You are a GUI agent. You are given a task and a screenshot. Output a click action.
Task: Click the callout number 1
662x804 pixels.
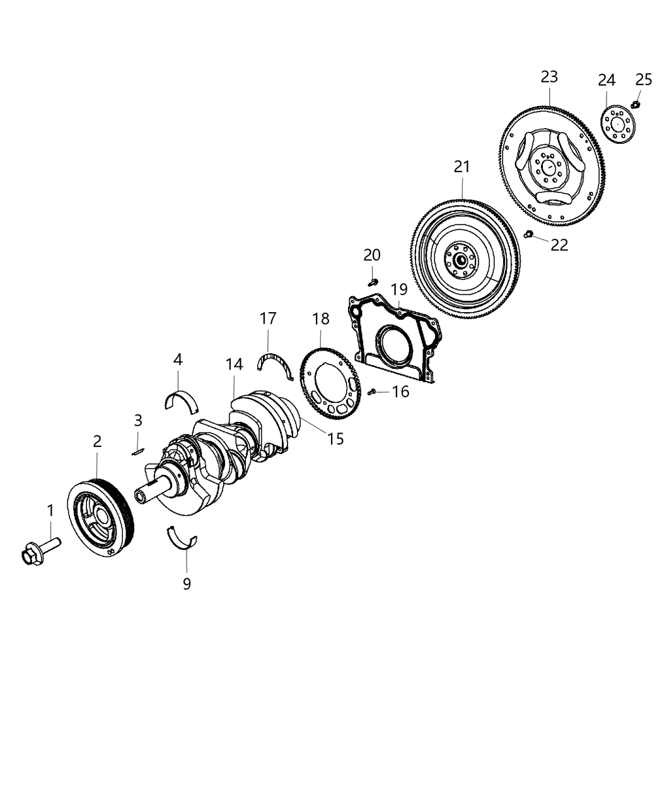[x=50, y=510]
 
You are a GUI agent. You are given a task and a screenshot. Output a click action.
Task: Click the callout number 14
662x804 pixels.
[x=235, y=364]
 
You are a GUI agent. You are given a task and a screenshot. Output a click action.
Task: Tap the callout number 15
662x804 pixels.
[x=335, y=438]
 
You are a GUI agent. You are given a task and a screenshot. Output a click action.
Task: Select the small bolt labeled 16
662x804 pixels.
[x=373, y=392]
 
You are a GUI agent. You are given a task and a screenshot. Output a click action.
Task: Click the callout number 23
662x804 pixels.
[x=549, y=77]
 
